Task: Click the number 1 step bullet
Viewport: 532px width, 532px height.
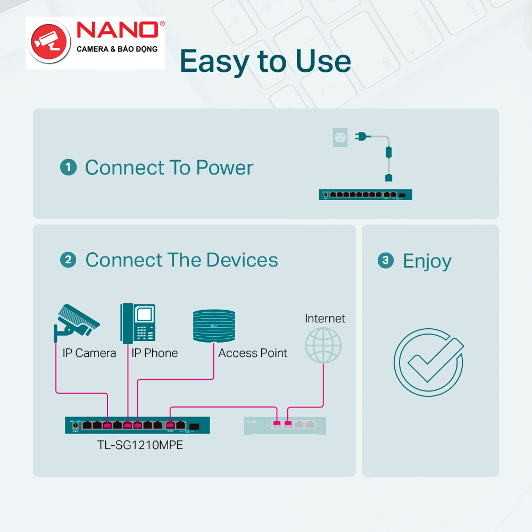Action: (68, 168)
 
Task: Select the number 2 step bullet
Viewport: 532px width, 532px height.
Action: (68, 260)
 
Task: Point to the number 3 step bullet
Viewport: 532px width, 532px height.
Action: (386, 261)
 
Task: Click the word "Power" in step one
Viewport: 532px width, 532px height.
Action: (225, 168)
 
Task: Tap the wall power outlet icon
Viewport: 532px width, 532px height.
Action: (339, 138)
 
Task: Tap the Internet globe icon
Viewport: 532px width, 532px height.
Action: (323, 345)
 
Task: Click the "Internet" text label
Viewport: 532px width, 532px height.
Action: (325, 319)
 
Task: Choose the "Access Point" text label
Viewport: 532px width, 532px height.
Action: (253, 353)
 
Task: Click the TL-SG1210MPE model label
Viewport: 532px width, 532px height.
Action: (137, 445)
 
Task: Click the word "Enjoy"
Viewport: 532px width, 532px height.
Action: (427, 261)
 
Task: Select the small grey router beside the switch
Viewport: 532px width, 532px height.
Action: (285, 425)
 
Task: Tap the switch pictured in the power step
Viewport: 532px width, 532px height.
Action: (365, 195)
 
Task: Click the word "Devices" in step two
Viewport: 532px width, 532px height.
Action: (242, 260)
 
